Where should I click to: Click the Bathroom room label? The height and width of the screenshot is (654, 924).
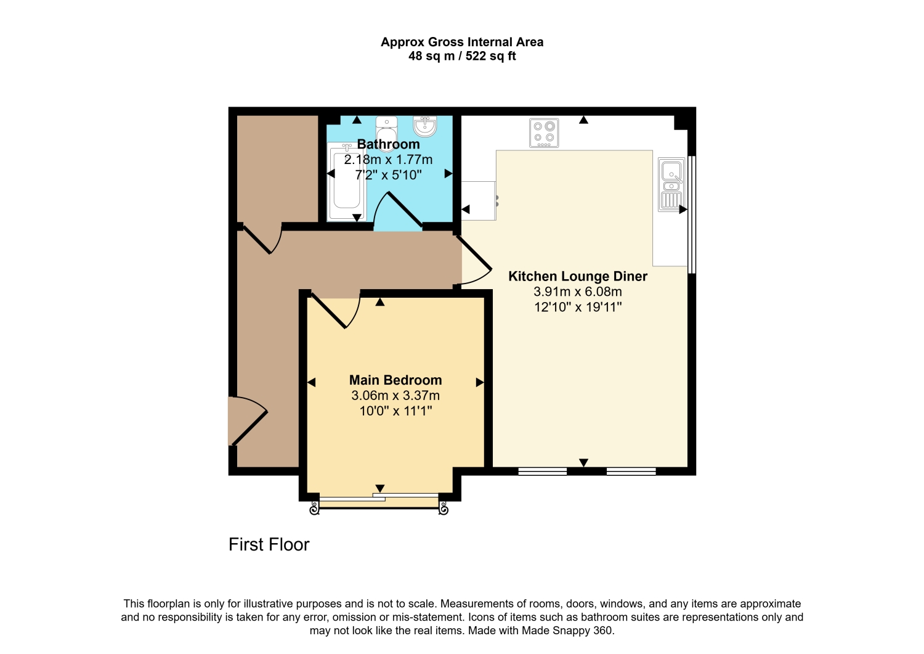coord(388,144)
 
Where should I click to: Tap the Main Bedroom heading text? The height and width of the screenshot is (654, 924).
coord(395,380)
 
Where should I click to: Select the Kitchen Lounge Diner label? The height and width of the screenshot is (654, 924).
coord(578,276)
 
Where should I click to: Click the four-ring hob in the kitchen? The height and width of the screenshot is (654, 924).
coord(544,133)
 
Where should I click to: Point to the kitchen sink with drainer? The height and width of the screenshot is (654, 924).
coord(671,184)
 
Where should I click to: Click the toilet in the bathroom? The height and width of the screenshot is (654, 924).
coord(386,134)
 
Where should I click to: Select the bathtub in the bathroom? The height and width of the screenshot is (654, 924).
coord(346,182)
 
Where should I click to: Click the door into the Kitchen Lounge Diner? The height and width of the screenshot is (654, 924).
coord(474,260)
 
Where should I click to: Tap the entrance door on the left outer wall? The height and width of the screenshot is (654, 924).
coord(248,421)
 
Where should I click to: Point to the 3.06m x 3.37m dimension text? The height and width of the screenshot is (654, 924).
coord(395,396)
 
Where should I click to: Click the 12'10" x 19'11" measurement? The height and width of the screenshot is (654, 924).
coord(578,307)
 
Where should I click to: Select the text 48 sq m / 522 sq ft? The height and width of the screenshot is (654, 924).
coord(462,55)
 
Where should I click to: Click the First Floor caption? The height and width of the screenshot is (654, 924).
coord(269,544)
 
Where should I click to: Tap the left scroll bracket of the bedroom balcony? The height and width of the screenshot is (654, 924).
coord(314,509)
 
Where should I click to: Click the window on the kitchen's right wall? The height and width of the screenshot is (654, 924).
coord(692,215)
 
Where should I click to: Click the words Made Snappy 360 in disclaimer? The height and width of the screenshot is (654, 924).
coord(567,631)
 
